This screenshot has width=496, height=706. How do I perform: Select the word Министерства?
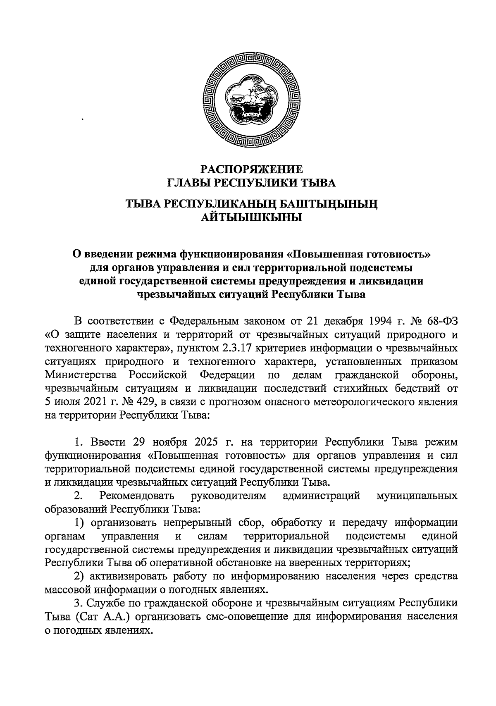[x=81, y=375]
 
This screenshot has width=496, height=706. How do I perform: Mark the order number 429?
[x=145, y=402]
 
